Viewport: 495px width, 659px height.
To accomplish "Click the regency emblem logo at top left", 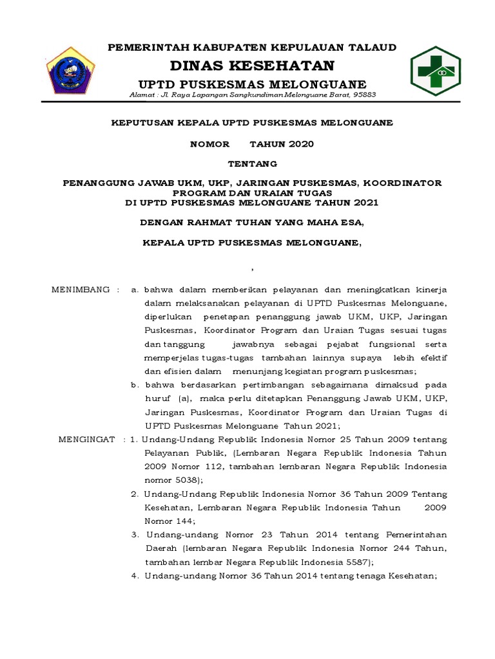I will (x=71, y=71).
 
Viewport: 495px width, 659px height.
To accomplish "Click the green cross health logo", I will (x=435, y=71).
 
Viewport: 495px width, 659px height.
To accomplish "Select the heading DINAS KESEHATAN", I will (x=252, y=66).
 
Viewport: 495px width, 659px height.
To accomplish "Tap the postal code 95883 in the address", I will (x=363, y=95).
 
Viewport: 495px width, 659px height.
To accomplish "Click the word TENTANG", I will (x=252, y=163).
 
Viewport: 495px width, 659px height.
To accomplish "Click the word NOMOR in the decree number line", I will (x=205, y=144).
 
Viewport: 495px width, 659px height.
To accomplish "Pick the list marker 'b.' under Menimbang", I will (x=135, y=385).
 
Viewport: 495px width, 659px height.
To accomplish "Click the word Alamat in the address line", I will (x=142, y=95).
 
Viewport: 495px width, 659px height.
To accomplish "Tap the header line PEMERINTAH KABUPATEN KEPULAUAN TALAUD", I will (x=252, y=47).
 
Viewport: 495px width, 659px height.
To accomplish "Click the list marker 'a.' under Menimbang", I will (x=135, y=290).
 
